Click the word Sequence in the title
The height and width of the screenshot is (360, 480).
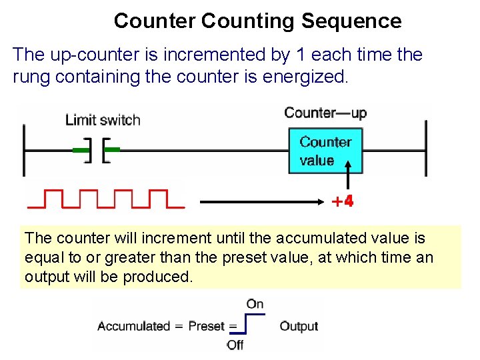click(x=351, y=21)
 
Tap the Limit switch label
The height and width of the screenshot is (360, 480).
click(x=103, y=120)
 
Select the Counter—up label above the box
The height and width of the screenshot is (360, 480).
click(x=325, y=112)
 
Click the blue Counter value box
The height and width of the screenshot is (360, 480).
click(x=325, y=151)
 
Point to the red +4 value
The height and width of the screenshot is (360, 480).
click(x=343, y=201)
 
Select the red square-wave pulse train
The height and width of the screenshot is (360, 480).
click(x=105, y=199)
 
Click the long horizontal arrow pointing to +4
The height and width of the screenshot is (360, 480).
click(x=260, y=200)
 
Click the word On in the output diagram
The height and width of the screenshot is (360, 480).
click(x=255, y=304)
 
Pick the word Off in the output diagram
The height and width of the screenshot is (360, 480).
click(x=235, y=345)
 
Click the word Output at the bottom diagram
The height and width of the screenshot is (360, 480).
click(x=299, y=326)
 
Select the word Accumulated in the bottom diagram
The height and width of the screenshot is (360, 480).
click(x=133, y=326)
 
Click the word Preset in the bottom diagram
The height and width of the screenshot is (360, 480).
click(x=207, y=326)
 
